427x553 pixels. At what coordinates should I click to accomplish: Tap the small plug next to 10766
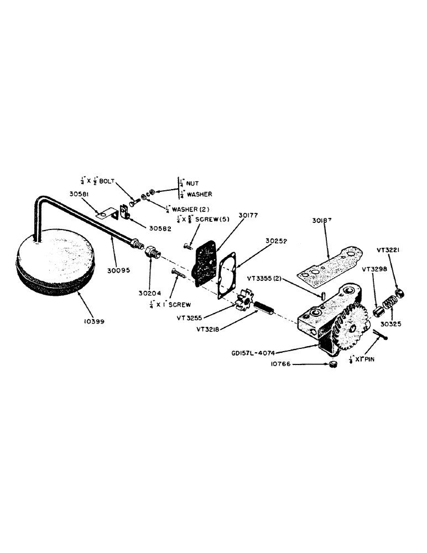335,364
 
